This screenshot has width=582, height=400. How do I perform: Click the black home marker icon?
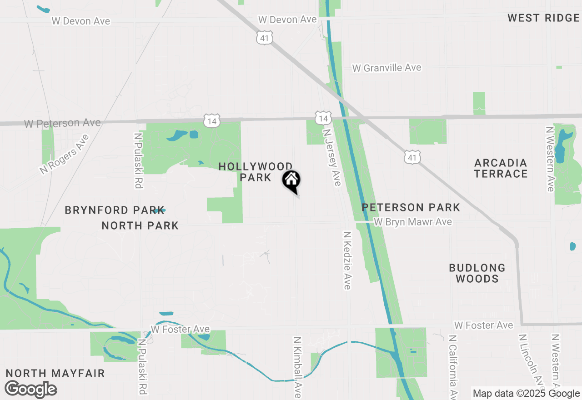[x=291, y=180]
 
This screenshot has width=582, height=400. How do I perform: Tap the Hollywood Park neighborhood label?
[x=256, y=172]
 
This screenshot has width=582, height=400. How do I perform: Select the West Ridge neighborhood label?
[x=543, y=18]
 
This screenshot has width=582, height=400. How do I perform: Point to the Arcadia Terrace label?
[x=501, y=168]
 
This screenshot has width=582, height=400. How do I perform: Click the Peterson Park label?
[x=411, y=208]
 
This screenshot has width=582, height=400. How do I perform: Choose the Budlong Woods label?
[x=477, y=273]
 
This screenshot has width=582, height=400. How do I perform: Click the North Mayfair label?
[x=55, y=374]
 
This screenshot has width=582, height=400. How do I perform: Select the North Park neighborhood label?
[x=140, y=225]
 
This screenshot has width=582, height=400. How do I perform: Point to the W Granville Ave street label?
[x=387, y=68]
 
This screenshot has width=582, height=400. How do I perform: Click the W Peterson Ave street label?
[x=62, y=123]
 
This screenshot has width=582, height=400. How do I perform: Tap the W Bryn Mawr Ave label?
[x=413, y=222]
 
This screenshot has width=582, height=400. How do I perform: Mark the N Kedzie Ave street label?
[x=347, y=260]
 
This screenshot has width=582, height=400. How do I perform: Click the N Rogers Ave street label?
[x=64, y=154]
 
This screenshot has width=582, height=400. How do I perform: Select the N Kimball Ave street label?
[x=297, y=367]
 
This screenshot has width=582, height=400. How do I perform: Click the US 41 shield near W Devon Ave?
[x=265, y=38]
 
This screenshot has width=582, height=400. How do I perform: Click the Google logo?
[x=31, y=390]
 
